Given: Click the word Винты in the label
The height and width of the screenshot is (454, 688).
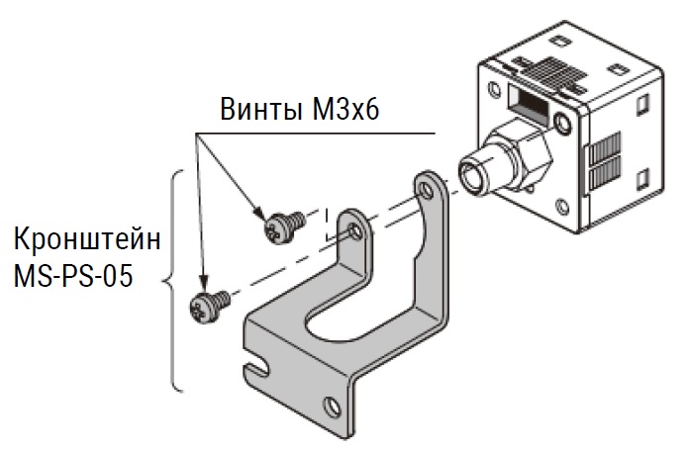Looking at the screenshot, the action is (260, 109).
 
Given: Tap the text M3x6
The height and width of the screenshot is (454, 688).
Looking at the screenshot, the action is (345, 109).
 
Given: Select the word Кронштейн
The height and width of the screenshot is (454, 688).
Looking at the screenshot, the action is (87, 239).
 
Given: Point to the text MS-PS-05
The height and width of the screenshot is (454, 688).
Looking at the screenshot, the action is (73, 276).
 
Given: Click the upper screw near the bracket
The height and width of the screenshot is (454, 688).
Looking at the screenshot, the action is (284, 227).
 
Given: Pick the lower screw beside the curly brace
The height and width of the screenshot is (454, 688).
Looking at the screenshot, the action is (209, 307).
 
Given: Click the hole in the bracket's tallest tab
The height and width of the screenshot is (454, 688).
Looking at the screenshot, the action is (425, 190).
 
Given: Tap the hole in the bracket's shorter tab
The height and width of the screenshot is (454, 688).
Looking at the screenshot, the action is (355, 230).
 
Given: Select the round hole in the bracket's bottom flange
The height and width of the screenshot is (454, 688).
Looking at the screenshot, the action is (332, 407).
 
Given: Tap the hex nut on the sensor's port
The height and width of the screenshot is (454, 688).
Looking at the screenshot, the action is (527, 154).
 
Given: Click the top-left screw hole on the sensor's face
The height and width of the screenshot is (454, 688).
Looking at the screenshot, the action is (495, 89).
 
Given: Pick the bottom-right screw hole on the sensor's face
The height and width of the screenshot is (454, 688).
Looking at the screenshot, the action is (562, 206).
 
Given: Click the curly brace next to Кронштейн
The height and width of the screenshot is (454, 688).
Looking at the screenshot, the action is (172, 280).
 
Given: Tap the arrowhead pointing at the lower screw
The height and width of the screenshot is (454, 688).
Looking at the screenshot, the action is (203, 282).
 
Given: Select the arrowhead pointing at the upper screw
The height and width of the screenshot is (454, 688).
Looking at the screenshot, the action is (259, 213).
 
